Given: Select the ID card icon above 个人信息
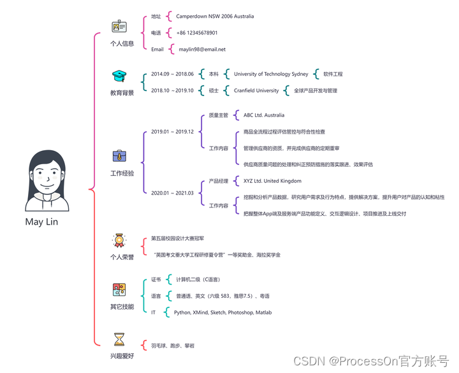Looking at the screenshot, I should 119,27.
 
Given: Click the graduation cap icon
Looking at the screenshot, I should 119,76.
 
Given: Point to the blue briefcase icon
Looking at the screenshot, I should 119,156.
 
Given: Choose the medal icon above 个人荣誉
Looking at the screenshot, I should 119,240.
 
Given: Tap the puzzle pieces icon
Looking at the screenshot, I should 119,290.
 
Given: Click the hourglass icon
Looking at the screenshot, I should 119,339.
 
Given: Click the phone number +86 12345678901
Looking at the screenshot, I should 197,32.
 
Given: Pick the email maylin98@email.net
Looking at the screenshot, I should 201,49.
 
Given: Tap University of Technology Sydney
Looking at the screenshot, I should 271,74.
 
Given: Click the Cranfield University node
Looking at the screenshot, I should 256,90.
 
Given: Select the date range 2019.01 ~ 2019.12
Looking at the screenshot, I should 172,132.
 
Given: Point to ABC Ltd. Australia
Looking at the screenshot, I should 264,115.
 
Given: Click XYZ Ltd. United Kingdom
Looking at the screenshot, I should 273,181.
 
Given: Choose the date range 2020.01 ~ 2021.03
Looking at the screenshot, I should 172,193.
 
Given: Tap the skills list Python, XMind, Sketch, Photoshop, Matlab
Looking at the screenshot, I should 222,313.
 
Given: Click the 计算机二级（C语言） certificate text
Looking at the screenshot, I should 198,279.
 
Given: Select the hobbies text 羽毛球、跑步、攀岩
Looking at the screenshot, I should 173,346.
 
